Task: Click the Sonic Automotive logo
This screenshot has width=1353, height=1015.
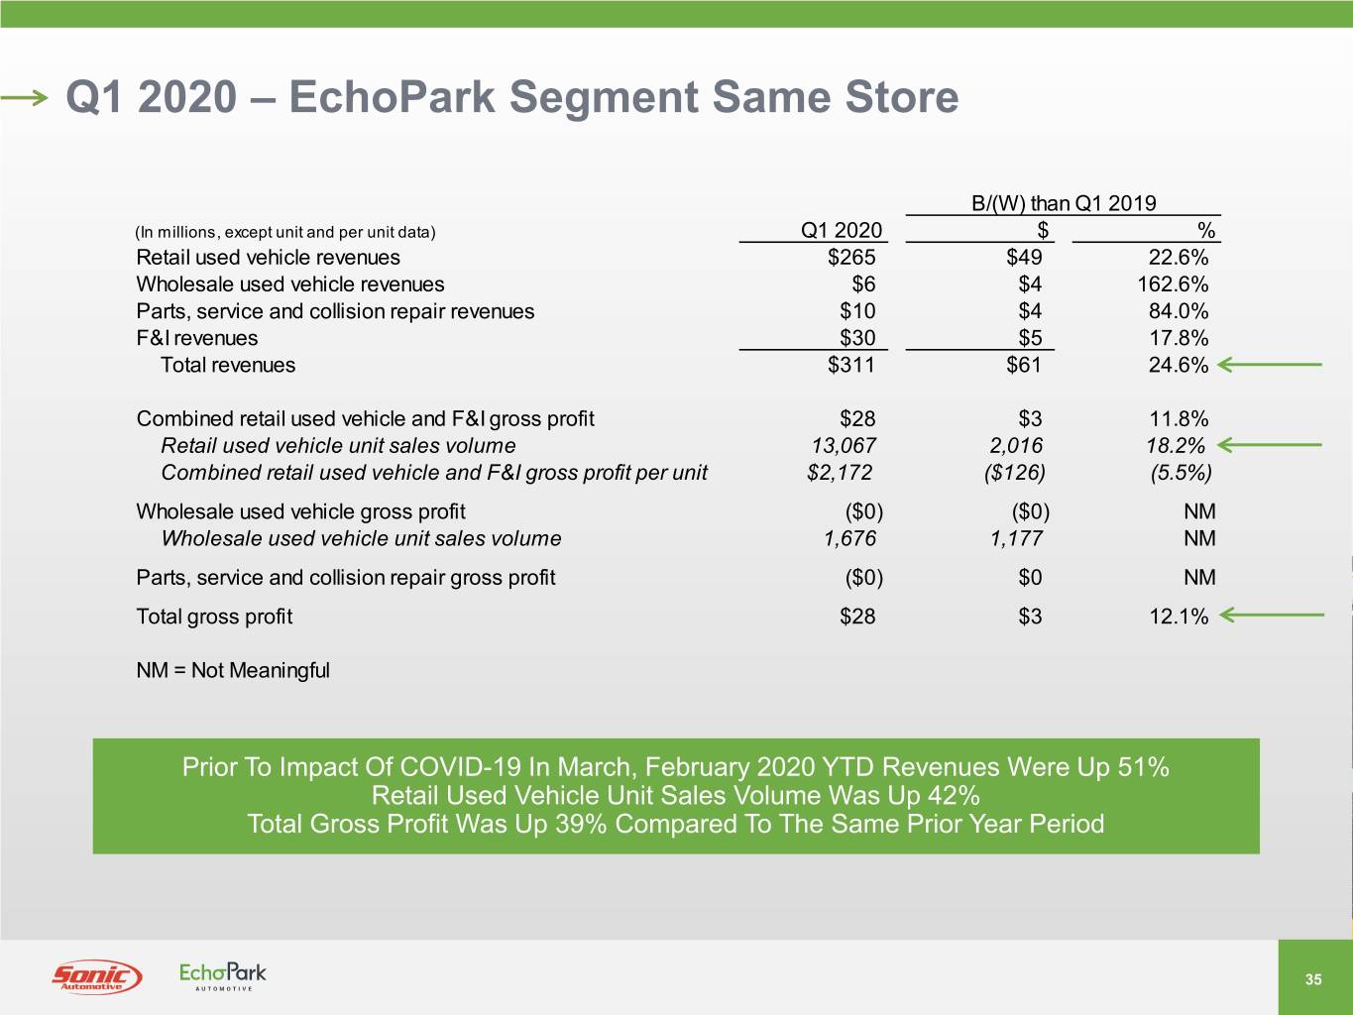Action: tap(97, 976)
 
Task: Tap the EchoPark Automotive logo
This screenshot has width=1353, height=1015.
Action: tap(222, 976)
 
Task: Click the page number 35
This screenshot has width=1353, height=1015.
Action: tap(1313, 979)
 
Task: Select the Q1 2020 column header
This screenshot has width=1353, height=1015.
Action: tap(842, 230)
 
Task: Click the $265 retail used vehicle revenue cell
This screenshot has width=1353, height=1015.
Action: tap(851, 257)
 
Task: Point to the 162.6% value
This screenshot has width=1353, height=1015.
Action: tap(1173, 284)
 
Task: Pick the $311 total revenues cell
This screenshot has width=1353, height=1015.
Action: tap(850, 365)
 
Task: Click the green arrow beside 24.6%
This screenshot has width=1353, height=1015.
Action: tap(1270, 365)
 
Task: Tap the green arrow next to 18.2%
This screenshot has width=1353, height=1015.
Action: tap(1270, 445)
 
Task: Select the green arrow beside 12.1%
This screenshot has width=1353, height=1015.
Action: tap(1272, 615)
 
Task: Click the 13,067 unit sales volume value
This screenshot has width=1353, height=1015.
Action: tap(844, 445)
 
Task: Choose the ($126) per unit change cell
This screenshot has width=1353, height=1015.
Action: tap(1015, 472)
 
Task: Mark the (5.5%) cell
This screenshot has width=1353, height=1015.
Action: tap(1181, 472)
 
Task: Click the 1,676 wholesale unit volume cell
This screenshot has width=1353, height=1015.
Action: tap(849, 538)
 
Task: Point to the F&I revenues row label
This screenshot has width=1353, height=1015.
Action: tap(197, 338)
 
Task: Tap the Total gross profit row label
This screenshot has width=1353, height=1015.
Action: tap(214, 617)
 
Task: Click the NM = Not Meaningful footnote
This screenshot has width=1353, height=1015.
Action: tap(233, 670)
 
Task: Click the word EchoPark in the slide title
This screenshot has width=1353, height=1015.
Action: tap(393, 97)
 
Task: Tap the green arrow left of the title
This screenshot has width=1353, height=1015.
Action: tap(24, 97)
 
